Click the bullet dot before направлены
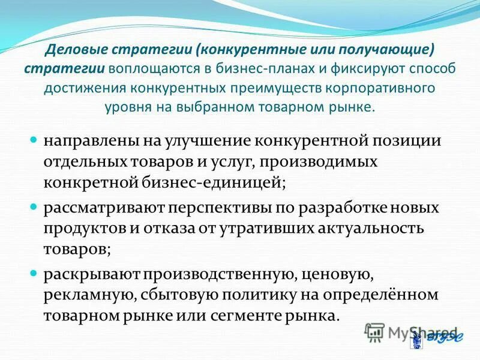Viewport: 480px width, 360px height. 34,140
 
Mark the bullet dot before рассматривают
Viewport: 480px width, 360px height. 34,207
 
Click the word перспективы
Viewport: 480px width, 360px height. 236,208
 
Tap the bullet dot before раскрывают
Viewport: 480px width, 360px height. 34,274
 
